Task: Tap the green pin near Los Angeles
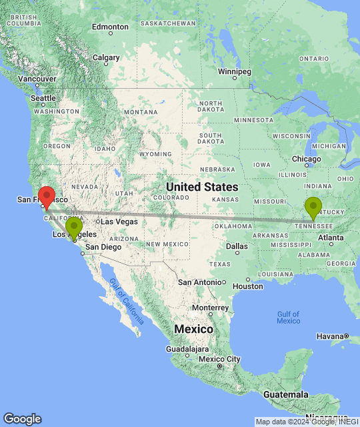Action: coord(74,228)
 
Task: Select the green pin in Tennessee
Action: coord(313,207)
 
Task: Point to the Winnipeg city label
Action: coord(235,71)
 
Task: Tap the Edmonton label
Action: coord(110,27)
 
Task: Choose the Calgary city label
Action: coord(106,57)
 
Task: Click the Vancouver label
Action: coord(37,79)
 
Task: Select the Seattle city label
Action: coord(43,98)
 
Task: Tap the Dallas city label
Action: coord(237,246)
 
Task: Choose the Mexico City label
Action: coord(219,360)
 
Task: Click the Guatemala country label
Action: coord(285,394)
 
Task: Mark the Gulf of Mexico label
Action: coord(288,317)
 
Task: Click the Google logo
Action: coord(22,419)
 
